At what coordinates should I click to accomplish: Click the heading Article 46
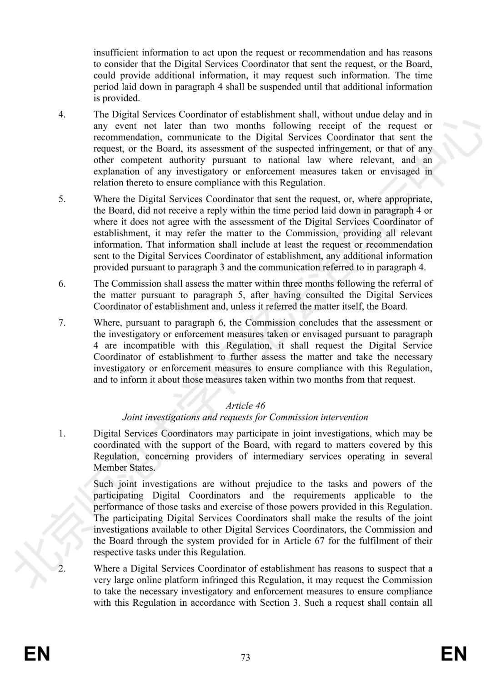tap(245, 405)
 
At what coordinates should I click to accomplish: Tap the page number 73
tap(245, 657)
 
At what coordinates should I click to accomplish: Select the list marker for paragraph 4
tap(62, 115)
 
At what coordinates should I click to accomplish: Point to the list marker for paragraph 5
tap(62, 199)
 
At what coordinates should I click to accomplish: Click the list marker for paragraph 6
tap(62, 284)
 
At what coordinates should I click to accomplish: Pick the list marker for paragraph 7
tap(62, 323)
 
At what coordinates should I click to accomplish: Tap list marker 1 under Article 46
tap(62, 434)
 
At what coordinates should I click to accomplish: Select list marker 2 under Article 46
tap(62, 569)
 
